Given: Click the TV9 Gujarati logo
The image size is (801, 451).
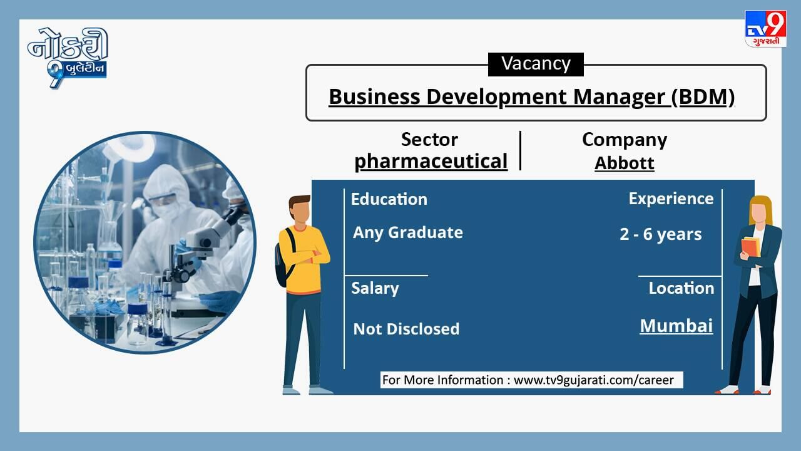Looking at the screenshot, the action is click(x=765, y=29).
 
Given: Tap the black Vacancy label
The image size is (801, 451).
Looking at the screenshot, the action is click(x=536, y=65).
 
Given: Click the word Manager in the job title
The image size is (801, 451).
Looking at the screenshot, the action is click(x=620, y=96).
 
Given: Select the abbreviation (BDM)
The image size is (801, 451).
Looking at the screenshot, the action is click(x=703, y=96).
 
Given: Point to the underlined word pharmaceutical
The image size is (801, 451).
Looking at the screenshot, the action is click(x=431, y=161).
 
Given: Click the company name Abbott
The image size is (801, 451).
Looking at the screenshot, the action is click(x=625, y=163).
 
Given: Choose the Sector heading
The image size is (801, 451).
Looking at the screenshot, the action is click(x=429, y=139).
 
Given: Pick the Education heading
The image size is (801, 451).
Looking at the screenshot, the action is click(x=389, y=199).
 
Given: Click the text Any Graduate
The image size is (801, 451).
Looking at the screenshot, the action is click(x=408, y=232).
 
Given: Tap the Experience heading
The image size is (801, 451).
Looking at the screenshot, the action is click(x=671, y=199).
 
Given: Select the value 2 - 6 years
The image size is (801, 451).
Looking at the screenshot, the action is click(x=661, y=234).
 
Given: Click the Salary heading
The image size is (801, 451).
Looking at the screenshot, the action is click(x=375, y=289).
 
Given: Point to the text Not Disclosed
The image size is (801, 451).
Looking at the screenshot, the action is click(x=406, y=329).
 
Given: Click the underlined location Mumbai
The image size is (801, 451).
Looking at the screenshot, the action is click(x=676, y=326).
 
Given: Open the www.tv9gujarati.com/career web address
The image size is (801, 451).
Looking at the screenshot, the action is click(x=594, y=380).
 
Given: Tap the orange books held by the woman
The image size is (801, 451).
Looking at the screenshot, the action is click(x=751, y=247).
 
